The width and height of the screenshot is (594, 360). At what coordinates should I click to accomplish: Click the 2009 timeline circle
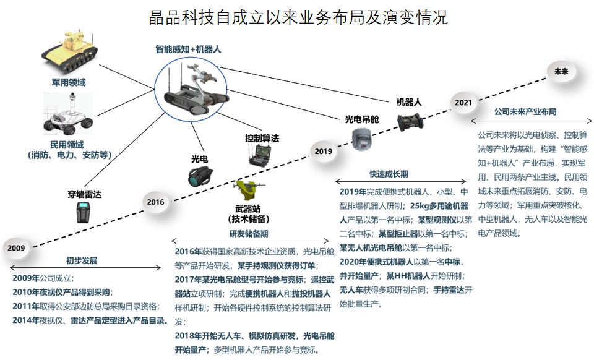[x=17, y=248]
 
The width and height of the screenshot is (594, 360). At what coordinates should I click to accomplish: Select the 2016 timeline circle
[x=155, y=202]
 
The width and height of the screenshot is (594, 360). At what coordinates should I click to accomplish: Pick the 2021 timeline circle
[x=463, y=102]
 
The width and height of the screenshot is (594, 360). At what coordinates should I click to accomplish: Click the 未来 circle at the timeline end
[x=561, y=72]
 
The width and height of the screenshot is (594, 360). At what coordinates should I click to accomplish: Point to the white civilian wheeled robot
[x=68, y=114]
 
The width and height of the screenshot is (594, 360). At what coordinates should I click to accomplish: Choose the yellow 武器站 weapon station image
[x=246, y=192]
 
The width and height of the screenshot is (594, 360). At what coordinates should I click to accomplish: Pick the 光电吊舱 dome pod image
[x=363, y=139]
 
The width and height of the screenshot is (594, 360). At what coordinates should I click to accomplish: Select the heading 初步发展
[x=82, y=260]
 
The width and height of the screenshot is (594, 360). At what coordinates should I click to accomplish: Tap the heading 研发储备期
[x=249, y=234]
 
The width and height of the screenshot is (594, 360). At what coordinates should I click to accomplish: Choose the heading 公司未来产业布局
[x=525, y=112]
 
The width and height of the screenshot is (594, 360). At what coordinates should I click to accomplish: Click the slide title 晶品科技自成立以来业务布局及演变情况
[x=298, y=17]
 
